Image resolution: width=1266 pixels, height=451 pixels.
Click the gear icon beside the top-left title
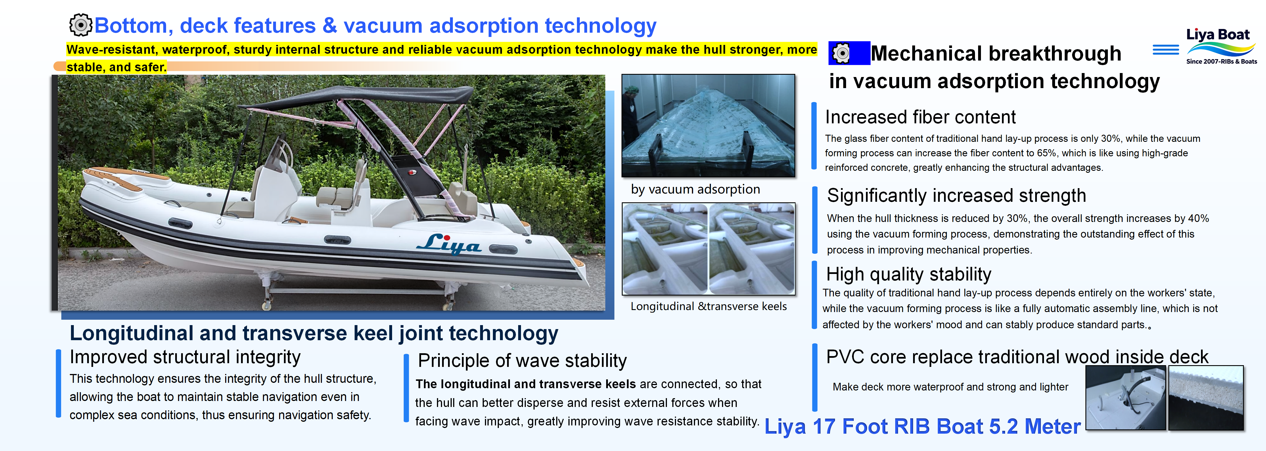(x=80, y=25)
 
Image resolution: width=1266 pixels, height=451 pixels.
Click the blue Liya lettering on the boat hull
(x=449, y=244)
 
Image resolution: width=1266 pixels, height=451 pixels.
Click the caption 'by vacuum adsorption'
(x=695, y=189)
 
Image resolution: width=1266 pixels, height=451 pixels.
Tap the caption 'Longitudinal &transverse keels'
(x=708, y=306)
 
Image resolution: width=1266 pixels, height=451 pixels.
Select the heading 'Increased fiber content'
(x=920, y=117)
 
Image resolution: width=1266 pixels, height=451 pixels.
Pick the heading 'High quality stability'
(x=908, y=274)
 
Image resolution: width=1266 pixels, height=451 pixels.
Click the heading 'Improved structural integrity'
(x=185, y=357)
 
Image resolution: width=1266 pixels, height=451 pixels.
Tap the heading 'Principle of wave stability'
(x=522, y=361)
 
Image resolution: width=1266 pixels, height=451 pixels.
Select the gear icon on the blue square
(x=841, y=53)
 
